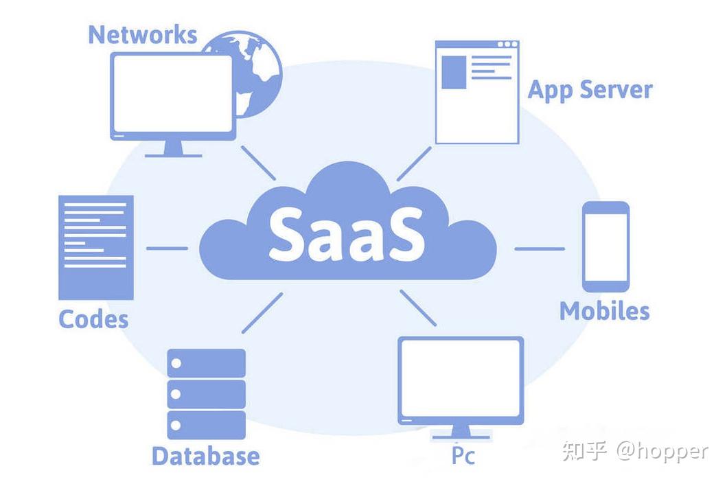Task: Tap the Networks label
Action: point(142,34)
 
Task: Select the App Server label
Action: point(590,90)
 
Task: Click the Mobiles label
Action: point(604,311)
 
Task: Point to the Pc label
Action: point(463,455)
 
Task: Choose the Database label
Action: point(205,456)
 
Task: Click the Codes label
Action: point(93,319)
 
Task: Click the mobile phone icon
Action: point(605,246)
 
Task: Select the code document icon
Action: point(95,247)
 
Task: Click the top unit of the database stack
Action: point(206,362)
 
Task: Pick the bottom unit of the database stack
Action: point(206,425)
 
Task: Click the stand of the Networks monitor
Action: point(173,148)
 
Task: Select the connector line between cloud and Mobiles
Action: point(540,249)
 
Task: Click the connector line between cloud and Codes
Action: point(167,248)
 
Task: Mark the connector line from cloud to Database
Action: point(262,312)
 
